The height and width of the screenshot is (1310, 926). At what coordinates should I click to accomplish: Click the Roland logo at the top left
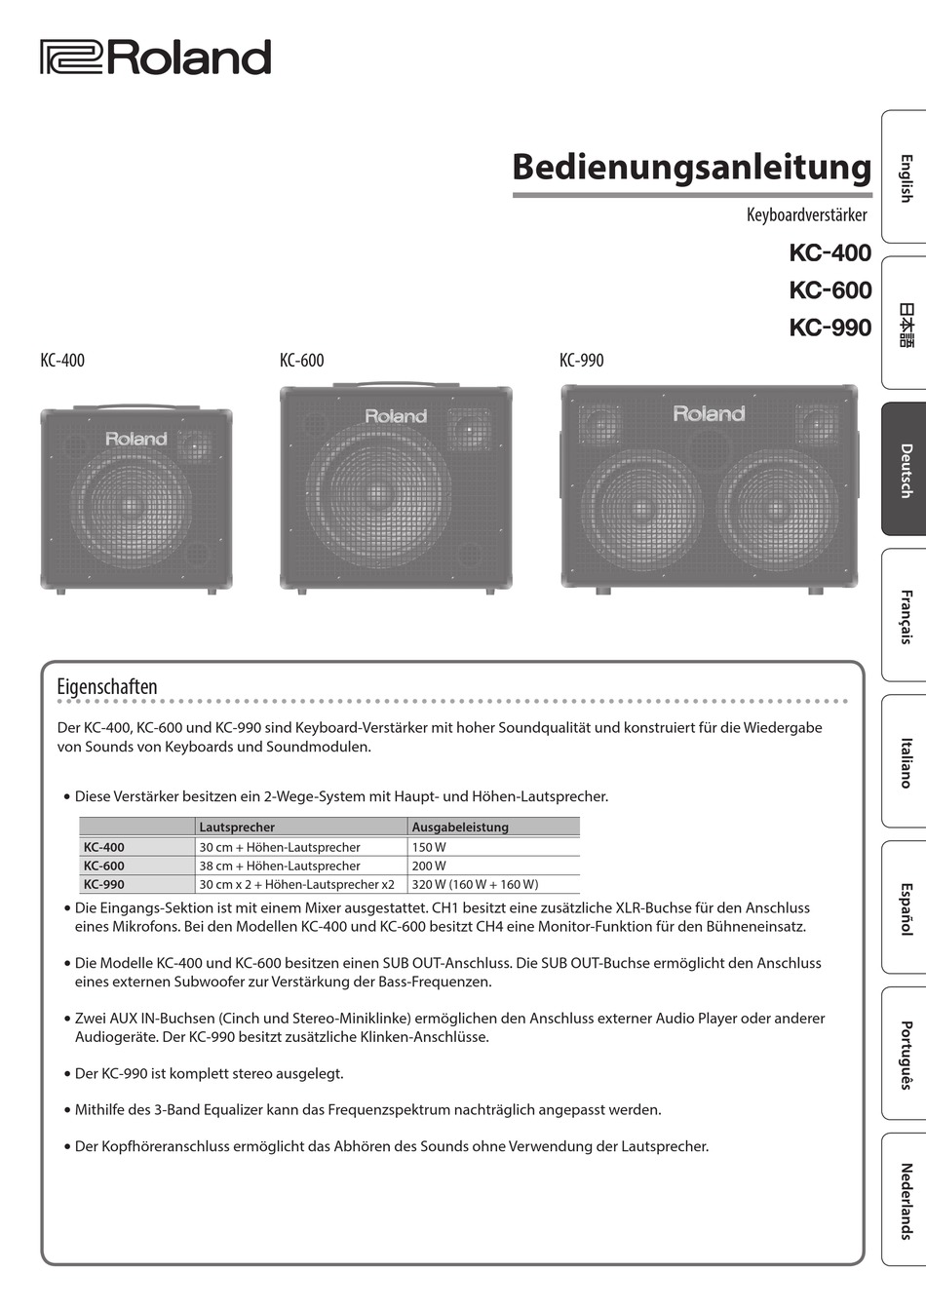point(155,58)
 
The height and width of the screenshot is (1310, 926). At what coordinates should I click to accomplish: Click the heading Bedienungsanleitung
point(691,167)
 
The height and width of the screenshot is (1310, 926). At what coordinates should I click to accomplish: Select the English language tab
point(905,176)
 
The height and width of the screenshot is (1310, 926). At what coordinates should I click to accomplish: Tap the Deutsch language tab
point(905,470)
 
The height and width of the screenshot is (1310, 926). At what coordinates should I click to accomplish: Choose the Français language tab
point(905,615)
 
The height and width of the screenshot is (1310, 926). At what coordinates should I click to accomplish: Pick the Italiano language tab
point(905,761)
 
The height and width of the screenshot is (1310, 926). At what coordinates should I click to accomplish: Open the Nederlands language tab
point(905,1200)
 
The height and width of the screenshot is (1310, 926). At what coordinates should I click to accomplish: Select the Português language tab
point(905,1054)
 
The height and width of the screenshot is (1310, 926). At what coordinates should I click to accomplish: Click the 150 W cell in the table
point(429,847)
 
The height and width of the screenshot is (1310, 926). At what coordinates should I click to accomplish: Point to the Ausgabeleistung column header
point(460,828)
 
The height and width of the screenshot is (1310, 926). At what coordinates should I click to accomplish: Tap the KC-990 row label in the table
point(104,884)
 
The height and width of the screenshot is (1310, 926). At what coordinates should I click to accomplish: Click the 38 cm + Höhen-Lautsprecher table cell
point(280,866)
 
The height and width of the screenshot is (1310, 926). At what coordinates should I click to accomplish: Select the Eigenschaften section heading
point(107,687)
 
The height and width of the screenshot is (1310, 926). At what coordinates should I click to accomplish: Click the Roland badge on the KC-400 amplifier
point(136,439)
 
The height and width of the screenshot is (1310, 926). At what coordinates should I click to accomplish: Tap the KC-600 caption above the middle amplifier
point(301,361)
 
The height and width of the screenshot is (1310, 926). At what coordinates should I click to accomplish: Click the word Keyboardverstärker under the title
point(806,214)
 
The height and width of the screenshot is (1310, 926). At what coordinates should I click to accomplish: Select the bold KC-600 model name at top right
point(830,290)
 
